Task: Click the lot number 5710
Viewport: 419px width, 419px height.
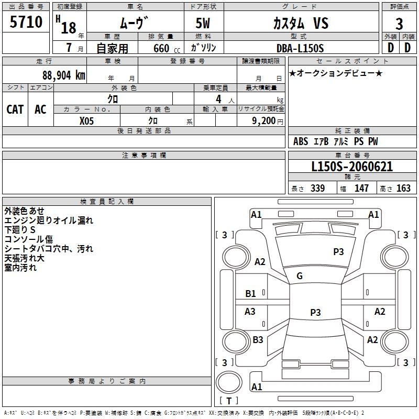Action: point(26,22)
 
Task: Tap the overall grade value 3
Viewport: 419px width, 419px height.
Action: point(399,24)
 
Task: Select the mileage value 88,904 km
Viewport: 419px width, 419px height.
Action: point(63,75)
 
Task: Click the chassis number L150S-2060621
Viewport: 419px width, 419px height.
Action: point(352,167)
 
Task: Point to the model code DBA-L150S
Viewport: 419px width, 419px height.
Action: point(300,48)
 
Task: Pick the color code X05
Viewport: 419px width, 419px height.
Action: point(86,121)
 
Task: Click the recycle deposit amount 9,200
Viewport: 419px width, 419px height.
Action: point(264,121)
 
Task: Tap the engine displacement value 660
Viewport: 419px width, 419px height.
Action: point(161,48)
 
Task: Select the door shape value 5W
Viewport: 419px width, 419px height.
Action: point(203,23)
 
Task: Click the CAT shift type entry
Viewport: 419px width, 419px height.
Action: point(15,109)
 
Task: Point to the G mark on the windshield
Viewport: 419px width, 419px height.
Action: point(300,276)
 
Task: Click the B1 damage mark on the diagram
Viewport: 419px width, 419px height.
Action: point(250,294)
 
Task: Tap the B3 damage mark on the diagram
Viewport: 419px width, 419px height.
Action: point(258,339)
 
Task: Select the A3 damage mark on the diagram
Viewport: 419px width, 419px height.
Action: point(250,311)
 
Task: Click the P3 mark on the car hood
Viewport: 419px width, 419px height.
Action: point(338,251)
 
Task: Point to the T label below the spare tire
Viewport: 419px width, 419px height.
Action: point(229,401)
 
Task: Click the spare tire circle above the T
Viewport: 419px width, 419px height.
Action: point(229,382)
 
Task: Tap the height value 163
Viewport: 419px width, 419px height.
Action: point(403,188)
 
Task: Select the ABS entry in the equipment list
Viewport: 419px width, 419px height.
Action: point(301,141)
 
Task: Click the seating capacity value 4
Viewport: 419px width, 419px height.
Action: point(218,99)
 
